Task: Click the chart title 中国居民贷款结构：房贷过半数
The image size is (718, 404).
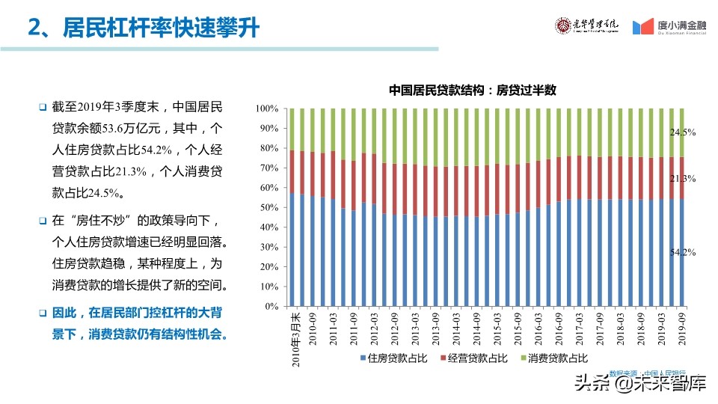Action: (x=473, y=90)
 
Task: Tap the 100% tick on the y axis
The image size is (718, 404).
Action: (x=267, y=108)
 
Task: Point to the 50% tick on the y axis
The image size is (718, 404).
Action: (x=269, y=207)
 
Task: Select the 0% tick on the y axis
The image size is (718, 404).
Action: (x=271, y=307)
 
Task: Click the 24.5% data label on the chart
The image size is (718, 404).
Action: (x=682, y=132)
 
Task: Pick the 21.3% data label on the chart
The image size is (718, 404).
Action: (x=682, y=179)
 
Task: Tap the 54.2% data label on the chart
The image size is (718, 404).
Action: (x=682, y=253)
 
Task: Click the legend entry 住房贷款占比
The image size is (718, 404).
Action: (x=393, y=359)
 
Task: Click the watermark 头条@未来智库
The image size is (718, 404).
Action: (x=639, y=385)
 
